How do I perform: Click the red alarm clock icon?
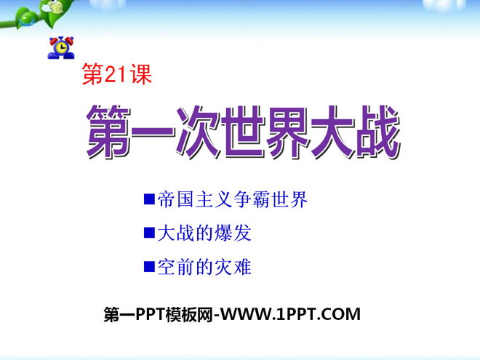(61, 47)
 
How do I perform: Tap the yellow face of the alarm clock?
(62, 47)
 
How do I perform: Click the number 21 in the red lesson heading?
(116, 75)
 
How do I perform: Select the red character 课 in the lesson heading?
(140, 75)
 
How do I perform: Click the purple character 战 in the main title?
(378, 132)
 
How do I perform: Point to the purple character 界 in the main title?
(289, 132)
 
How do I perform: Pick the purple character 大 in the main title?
(333, 132)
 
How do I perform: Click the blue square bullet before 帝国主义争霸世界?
(149, 199)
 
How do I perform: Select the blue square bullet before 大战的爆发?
(149, 233)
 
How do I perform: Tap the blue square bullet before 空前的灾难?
(149, 266)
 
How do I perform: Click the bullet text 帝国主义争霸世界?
(233, 199)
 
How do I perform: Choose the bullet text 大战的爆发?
(204, 233)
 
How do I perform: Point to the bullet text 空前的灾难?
(204, 267)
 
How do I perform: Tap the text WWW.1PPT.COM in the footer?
(290, 314)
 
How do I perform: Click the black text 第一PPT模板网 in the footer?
(159, 314)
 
